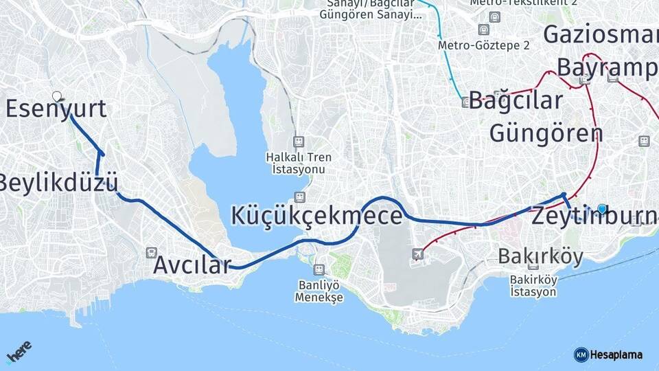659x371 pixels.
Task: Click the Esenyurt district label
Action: (x=56, y=109)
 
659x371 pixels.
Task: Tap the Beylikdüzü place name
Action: (x=59, y=183)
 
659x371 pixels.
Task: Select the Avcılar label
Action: (x=192, y=265)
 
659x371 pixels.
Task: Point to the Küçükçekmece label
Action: (x=316, y=216)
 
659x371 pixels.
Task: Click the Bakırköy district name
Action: (x=540, y=257)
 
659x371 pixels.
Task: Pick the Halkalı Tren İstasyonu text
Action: (x=299, y=163)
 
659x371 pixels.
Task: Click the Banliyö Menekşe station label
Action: (x=319, y=291)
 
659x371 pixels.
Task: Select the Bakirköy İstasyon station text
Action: (x=533, y=286)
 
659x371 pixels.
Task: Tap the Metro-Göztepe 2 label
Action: (x=484, y=45)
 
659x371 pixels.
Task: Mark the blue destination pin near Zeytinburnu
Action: (x=602, y=209)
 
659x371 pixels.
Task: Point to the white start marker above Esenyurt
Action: (x=56, y=97)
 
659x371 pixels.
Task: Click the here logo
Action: (x=19, y=354)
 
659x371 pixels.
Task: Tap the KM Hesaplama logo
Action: (x=608, y=355)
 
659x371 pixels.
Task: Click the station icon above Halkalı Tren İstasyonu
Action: (x=299, y=141)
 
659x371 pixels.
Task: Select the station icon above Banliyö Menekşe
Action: (x=319, y=269)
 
